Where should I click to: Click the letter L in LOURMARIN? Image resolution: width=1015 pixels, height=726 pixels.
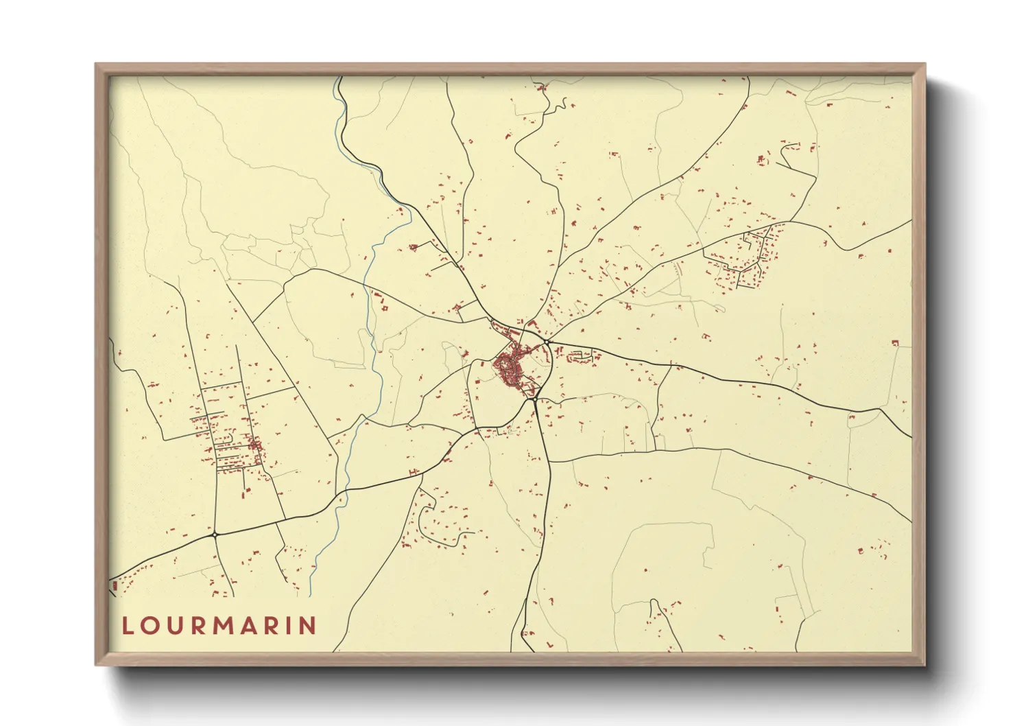128,626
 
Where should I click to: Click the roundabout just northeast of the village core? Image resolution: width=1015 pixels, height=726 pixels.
547,341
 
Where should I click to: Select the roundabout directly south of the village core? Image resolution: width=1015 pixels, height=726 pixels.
534,399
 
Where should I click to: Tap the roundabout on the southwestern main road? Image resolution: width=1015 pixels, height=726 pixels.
215,534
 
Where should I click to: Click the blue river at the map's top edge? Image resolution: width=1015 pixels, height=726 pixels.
338,78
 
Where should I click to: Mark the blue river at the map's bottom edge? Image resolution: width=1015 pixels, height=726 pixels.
310,594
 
